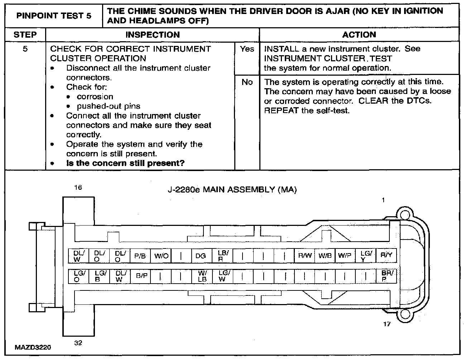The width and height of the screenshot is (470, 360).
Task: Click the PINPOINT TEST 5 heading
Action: pos(54,16)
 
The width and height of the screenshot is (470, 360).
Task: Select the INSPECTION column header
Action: pos(153,35)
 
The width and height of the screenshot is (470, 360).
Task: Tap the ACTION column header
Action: pos(359,35)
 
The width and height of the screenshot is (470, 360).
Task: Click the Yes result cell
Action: pos(247,49)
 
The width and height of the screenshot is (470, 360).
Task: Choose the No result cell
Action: pos(247,82)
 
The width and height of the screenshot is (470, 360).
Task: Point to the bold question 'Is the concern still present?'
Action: pos(125,164)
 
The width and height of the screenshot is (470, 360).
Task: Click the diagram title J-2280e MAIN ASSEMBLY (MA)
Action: pos(232,190)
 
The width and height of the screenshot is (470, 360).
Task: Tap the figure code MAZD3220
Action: pos(33,347)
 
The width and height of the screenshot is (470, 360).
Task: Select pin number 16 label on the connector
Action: pos(78,187)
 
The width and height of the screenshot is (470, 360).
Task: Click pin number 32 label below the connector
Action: pos(78,343)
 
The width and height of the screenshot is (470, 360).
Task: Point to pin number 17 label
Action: pos(387,324)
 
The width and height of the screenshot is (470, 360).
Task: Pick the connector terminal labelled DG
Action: pos(201,256)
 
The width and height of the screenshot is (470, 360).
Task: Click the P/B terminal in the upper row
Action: pos(140,256)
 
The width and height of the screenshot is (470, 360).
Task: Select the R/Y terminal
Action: pos(386,256)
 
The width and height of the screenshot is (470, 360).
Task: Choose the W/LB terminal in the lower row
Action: pos(202,276)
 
